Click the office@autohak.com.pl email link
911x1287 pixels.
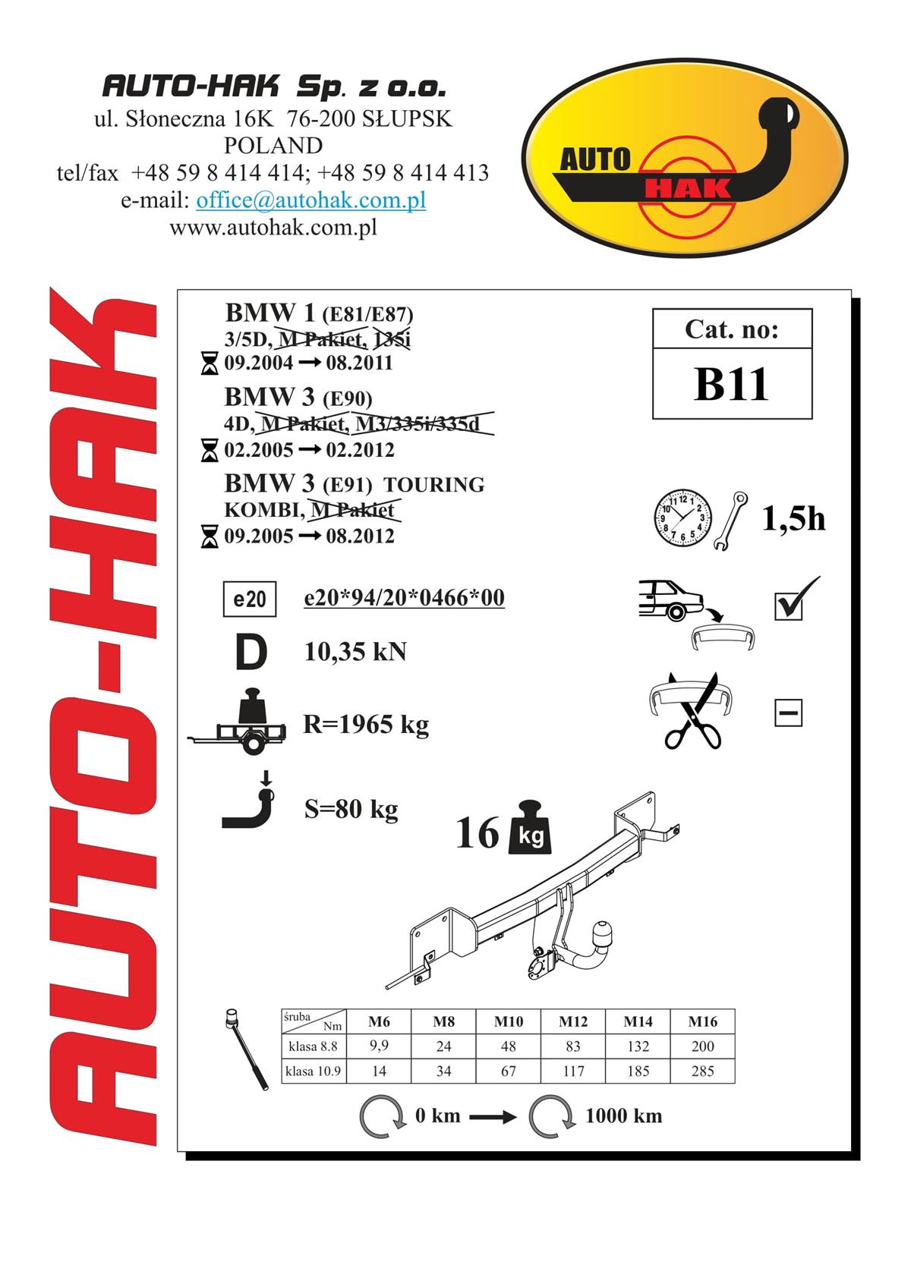311,200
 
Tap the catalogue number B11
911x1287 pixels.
731,384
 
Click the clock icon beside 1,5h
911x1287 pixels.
682,518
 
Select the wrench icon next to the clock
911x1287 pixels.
730,521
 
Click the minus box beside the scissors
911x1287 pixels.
788,713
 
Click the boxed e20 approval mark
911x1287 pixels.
250,599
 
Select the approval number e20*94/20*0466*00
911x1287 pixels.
404,597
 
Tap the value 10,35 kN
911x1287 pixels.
355,652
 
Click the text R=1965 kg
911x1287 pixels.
366,725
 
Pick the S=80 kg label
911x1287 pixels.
351,810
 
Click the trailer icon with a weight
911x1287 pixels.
237,722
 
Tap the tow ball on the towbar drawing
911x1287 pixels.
602,929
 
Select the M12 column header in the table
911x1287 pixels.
573,1021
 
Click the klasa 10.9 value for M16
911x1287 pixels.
703,1071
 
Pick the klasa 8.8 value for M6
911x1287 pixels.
379,1046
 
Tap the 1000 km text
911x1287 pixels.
623,1116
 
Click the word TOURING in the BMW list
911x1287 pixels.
434,484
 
